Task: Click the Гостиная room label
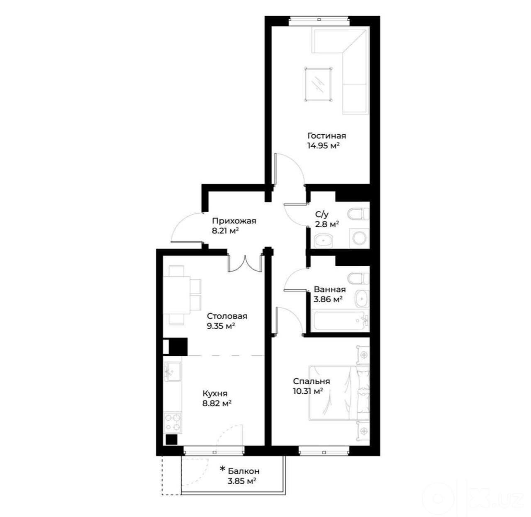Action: [x=326, y=136]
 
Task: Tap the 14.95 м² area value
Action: [x=323, y=146]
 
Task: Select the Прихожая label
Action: [x=234, y=221]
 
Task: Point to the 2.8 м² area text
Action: [x=327, y=224]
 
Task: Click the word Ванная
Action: [x=330, y=289]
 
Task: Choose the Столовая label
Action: [x=227, y=316]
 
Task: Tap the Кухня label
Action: [x=215, y=393]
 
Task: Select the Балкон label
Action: [x=244, y=471]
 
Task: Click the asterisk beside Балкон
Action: [x=223, y=469]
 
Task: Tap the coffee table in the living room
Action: [x=318, y=85]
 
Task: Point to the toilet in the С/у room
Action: [x=358, y=214]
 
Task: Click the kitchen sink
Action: [x=173, y=371]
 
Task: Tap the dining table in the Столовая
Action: [x=177, y=296]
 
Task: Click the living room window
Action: [x=319, y=21]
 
